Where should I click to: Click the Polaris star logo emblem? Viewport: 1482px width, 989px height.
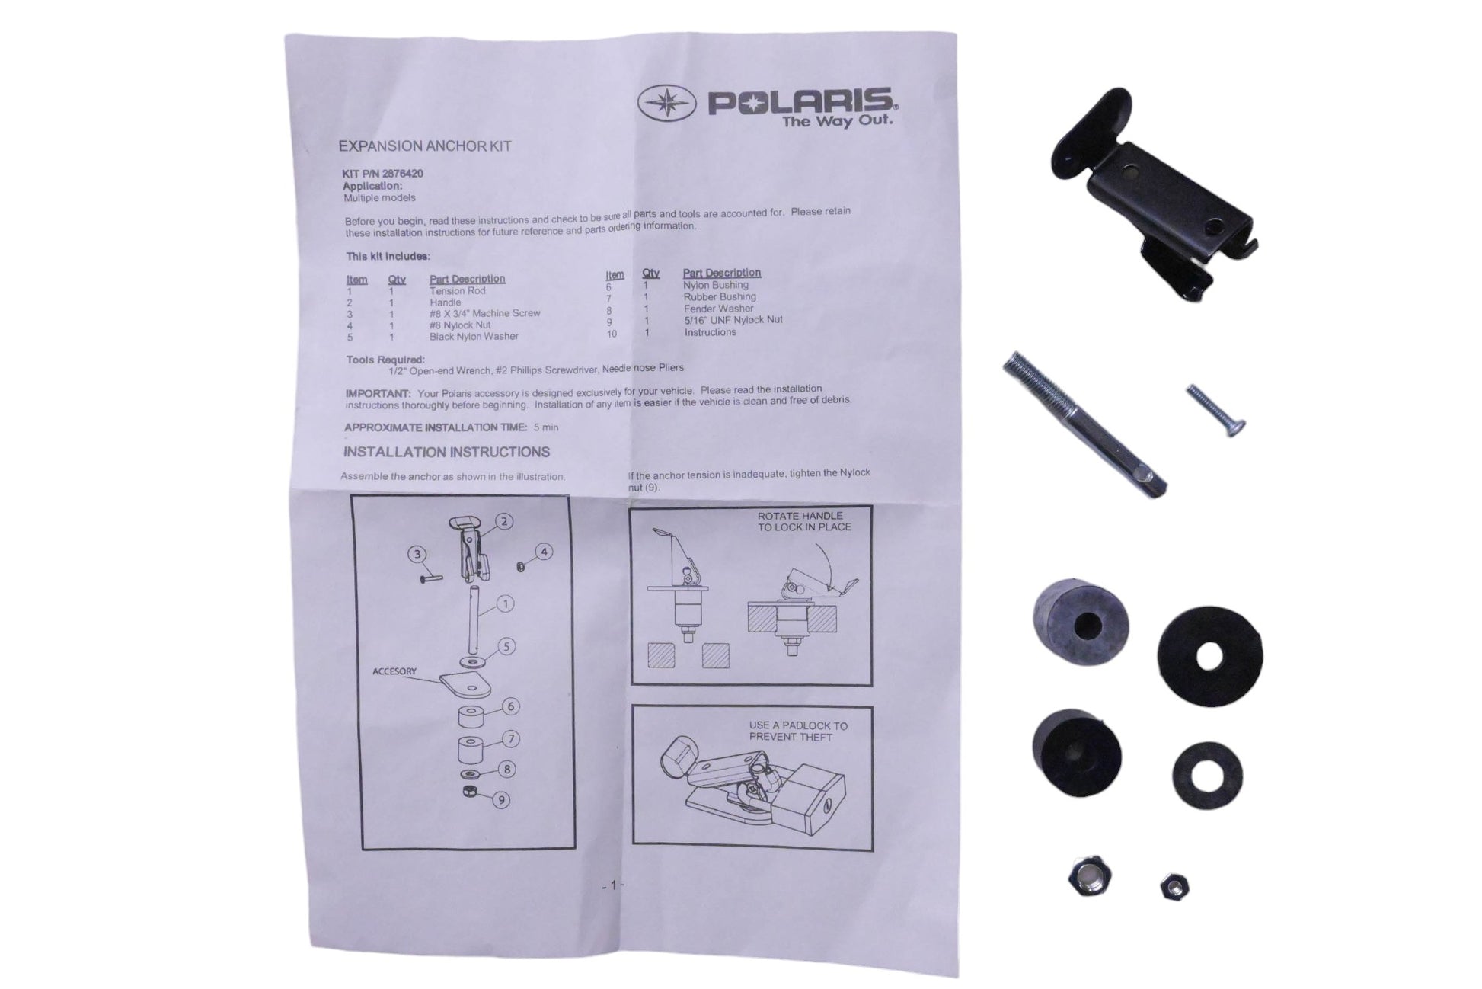click(x=667, y=104)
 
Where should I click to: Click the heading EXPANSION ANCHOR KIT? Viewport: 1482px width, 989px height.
click(x=425, y=146)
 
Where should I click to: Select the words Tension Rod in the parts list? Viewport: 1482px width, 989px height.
click(x=457, y=290)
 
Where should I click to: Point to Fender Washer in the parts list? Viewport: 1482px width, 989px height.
click(x=718, y=309)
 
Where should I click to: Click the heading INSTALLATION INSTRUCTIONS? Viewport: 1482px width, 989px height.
click(x=446, y=452)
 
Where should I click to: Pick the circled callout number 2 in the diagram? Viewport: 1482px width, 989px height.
click(x=504, y=521)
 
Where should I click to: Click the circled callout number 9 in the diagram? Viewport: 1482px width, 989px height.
click(x=500, y=800)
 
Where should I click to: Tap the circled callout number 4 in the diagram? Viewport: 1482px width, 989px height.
click(x=543, y=552)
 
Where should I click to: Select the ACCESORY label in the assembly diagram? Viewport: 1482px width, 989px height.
click(x=394, y=671)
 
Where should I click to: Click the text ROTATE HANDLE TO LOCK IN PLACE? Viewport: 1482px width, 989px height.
click(x=803, y=521)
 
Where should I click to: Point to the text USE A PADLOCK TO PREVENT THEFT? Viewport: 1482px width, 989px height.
click(x=797, y=731)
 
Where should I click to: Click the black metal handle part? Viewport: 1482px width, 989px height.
click(x=1150, y=194)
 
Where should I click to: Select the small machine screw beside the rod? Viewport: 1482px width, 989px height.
click(x=1215, y=411)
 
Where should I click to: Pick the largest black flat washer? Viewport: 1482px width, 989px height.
click(x=1209, y=657)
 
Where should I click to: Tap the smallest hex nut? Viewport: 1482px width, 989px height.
click(x=1174, y=887)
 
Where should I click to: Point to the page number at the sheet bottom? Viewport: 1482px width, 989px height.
click(x=613, y=885)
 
